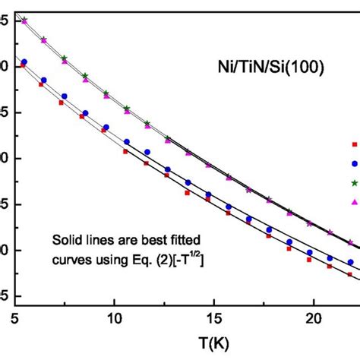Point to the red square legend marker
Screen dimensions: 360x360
pyautogui.click(x=353, y=144)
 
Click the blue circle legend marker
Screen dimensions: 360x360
pyautogui.click(x=353, y=163)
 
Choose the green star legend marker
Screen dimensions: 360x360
pyautogui.click(x=353, y=182)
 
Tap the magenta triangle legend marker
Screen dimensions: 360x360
pyautogui.click(x=353, y=201)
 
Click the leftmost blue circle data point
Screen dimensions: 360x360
pyautogui.click(x=24, y=62)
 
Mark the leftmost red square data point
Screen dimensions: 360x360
pyautogui.click(x=22, y=66)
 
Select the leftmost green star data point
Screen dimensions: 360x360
pyautogui.click(x=24, y=20)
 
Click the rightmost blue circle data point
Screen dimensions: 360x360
pyautogui.click(x=349, y=263)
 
